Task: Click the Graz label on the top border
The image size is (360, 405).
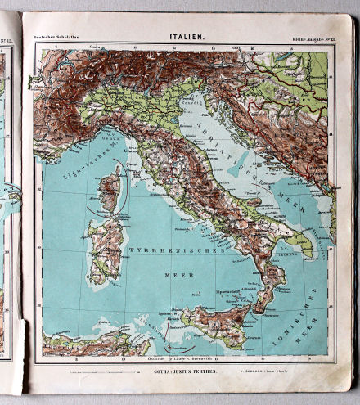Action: [236, 48]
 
